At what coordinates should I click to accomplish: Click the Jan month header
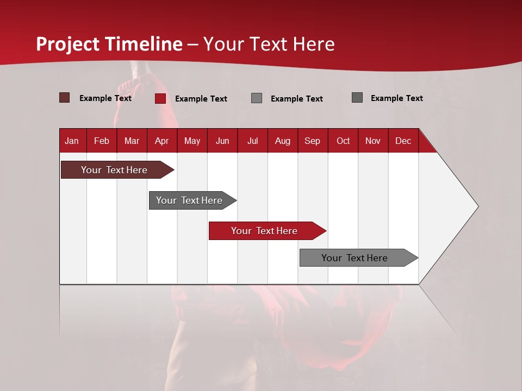72,141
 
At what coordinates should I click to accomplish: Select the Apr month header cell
162,141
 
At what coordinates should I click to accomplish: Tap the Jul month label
252,141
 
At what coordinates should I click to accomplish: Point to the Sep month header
313,141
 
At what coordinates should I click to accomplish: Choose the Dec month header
403,141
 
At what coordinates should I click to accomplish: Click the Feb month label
102,141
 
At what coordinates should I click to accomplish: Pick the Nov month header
373,141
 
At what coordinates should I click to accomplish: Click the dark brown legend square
64,98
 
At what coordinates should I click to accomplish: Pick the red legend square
160,98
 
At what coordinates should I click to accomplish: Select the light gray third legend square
257,98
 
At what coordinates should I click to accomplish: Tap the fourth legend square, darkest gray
357,98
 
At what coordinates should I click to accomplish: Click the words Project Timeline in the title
109,44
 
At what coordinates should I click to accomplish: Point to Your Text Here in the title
269,44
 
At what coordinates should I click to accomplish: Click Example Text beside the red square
201,99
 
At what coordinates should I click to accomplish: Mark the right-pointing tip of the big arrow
477,206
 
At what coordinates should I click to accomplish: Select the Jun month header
222,141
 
